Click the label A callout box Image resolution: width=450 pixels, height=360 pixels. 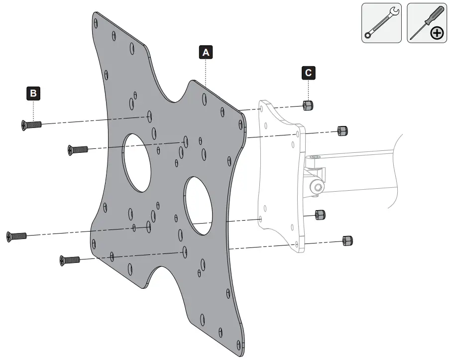pos(206,52)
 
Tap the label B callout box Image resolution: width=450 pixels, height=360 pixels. pos(33,93)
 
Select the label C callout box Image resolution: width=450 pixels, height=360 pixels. pos(309,73)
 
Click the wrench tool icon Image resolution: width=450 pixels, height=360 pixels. pos(381,23)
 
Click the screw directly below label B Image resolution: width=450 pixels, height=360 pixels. pos(31,124)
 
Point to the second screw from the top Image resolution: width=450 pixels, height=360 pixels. pos(78,149)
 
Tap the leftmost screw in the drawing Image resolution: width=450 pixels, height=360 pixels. pos(16,236)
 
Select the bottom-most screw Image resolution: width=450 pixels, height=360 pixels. pos(70,259)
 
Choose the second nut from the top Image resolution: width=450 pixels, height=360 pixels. pos(342,130)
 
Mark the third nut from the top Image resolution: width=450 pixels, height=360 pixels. pos(321,215)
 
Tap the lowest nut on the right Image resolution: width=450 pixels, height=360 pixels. pos(348,241)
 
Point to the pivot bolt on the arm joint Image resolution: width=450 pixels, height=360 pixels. pos(316,187)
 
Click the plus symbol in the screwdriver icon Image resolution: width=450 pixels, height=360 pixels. pos(437,33)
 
